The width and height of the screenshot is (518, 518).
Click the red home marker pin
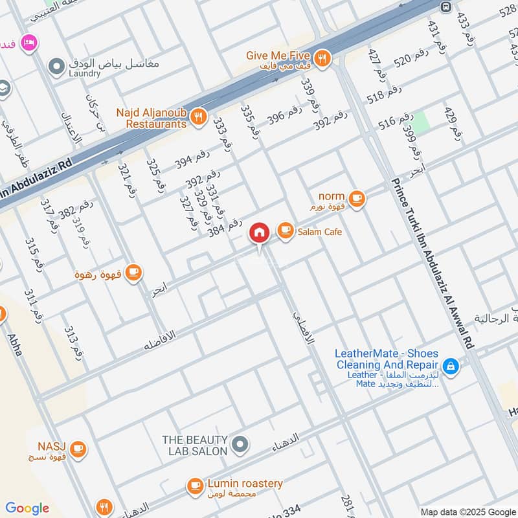259,232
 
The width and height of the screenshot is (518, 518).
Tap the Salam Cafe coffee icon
284,231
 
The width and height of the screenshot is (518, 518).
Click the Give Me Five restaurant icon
322,59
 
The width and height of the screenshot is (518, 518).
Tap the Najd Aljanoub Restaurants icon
198,117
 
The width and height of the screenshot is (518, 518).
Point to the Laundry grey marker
57,66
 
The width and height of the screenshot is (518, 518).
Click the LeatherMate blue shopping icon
451,368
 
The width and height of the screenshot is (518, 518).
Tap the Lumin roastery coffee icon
195,485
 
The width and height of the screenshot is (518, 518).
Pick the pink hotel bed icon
29,43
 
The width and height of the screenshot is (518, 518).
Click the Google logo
27,508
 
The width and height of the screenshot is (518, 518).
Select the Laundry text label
84,74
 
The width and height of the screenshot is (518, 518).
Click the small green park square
422,122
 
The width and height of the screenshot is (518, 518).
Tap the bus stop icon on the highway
445,6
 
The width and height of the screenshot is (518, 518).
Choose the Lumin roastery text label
245,484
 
